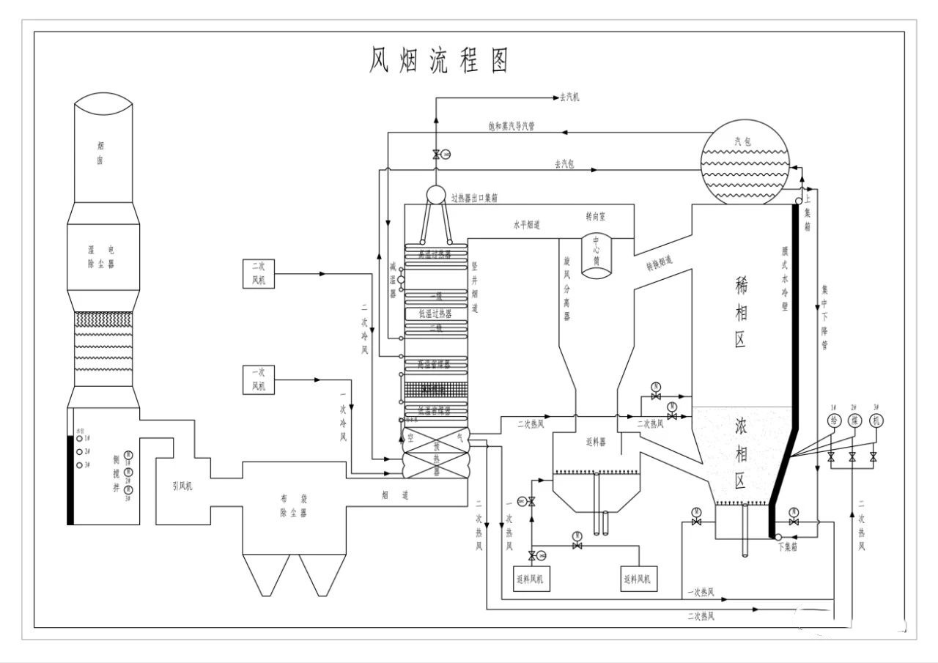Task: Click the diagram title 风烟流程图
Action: click(x=438, y=62)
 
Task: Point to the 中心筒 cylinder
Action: click(x=597, y=256)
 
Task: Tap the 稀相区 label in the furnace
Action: click(x=741, y=315)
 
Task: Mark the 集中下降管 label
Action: click(x=824, y=319)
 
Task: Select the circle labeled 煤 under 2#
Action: click(x=853, y=421)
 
